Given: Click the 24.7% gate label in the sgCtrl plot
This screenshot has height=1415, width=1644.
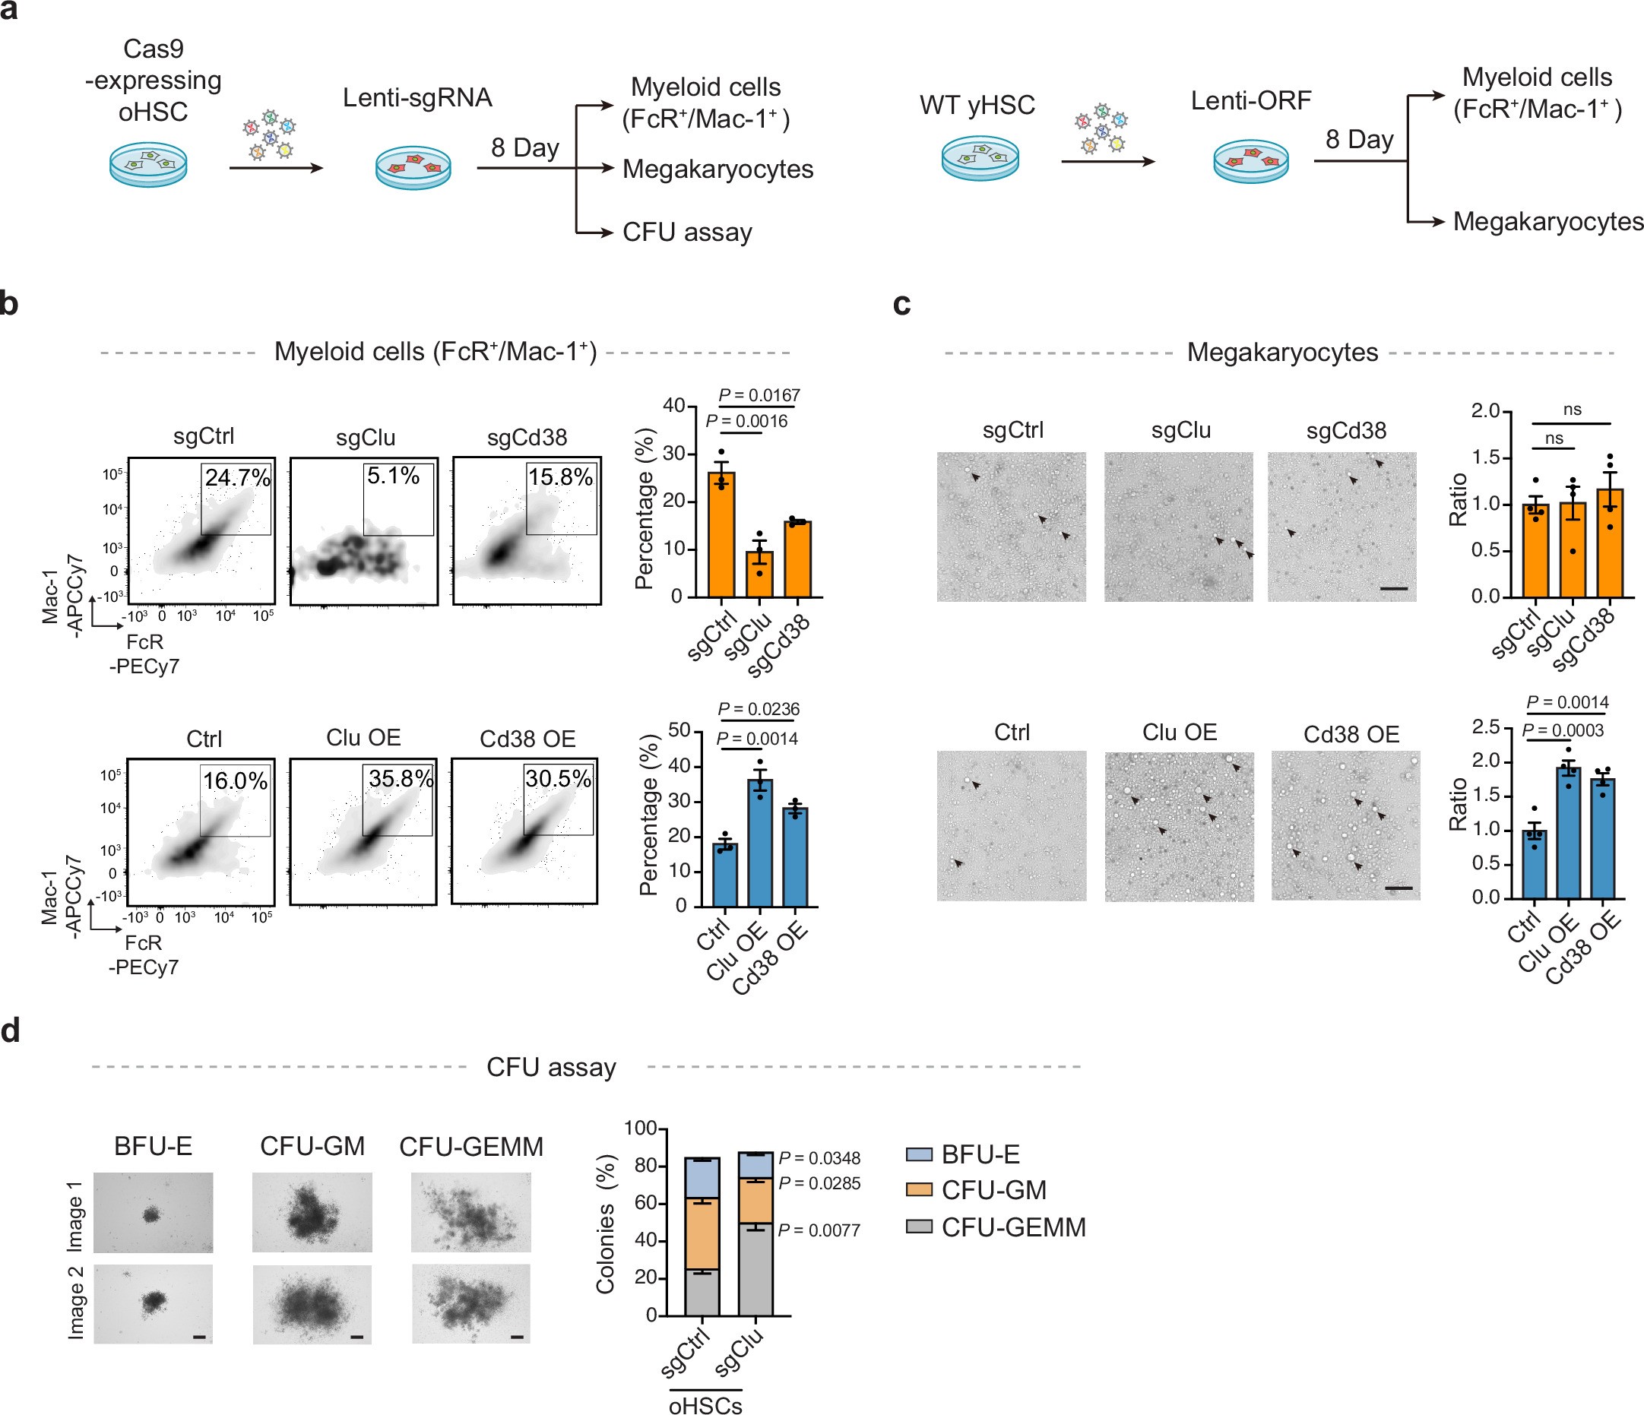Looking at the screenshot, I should coord(237,477).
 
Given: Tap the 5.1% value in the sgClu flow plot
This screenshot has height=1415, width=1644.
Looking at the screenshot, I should coord(393,476).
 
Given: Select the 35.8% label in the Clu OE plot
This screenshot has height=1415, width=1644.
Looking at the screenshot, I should coord(401,778).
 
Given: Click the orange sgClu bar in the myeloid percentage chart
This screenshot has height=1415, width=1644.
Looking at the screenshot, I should coord(759,574).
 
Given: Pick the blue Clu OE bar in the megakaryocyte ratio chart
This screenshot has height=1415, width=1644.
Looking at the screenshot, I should coord(1568,833).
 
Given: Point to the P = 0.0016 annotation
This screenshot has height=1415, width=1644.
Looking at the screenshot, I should coord(746,421).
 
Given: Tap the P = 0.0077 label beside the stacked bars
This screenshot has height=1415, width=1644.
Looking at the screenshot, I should coord(819,1230).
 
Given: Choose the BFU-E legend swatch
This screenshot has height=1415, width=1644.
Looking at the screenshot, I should coord(919,1154).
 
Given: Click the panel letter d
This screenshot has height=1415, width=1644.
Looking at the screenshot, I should coord(11,1031).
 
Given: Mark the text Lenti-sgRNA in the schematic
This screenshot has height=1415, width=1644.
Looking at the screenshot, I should coord(417,97).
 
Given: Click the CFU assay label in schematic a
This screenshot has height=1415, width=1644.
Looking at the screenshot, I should coord(687,233).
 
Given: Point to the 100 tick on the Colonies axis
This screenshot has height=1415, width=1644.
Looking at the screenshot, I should coord(640,1128).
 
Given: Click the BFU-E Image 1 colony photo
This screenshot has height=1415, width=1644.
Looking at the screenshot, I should coord(153,1213).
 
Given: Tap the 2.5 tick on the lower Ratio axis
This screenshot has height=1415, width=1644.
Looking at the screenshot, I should coord(1485,727).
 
